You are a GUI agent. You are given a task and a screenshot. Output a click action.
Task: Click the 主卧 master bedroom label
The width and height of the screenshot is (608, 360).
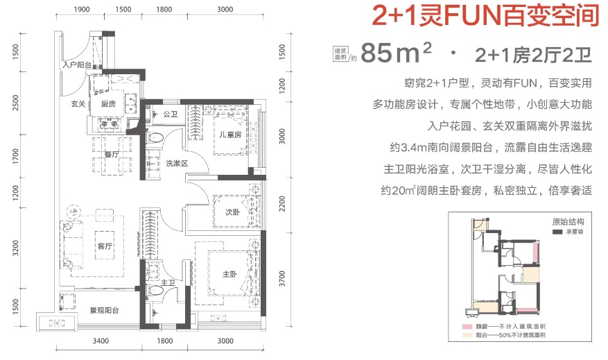229,274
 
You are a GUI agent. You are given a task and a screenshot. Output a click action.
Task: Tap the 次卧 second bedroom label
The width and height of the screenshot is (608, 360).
233,212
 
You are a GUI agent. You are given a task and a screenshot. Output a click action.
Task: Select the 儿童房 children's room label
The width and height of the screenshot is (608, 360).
230,135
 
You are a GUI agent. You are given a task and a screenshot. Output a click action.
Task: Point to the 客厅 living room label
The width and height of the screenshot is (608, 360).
105,246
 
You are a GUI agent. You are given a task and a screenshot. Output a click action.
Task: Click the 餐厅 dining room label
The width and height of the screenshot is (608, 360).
112,155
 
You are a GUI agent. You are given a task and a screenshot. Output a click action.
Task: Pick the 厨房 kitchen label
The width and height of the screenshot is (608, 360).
108,103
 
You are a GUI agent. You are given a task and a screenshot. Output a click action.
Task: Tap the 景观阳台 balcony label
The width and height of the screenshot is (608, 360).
104,310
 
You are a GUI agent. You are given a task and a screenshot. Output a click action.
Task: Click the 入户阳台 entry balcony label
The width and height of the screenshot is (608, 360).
77,65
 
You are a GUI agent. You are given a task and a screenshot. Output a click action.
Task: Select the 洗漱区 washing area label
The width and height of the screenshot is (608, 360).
177,163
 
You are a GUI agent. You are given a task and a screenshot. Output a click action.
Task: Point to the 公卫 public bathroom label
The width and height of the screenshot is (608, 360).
171,114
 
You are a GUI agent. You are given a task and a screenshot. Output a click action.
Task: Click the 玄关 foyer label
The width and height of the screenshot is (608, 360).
78,103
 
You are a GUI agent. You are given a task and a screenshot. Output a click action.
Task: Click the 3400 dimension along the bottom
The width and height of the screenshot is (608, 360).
101,341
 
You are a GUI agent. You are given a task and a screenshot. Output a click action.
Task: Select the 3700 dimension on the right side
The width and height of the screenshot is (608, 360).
282,279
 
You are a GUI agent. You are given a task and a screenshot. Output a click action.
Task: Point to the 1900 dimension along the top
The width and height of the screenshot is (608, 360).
81,9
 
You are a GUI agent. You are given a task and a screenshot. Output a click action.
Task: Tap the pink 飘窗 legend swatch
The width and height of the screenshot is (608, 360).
467,327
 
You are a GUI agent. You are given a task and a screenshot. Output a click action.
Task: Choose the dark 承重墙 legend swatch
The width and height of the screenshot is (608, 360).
557,232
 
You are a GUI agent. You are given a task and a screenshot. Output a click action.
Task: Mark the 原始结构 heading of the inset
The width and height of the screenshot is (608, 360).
568,222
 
